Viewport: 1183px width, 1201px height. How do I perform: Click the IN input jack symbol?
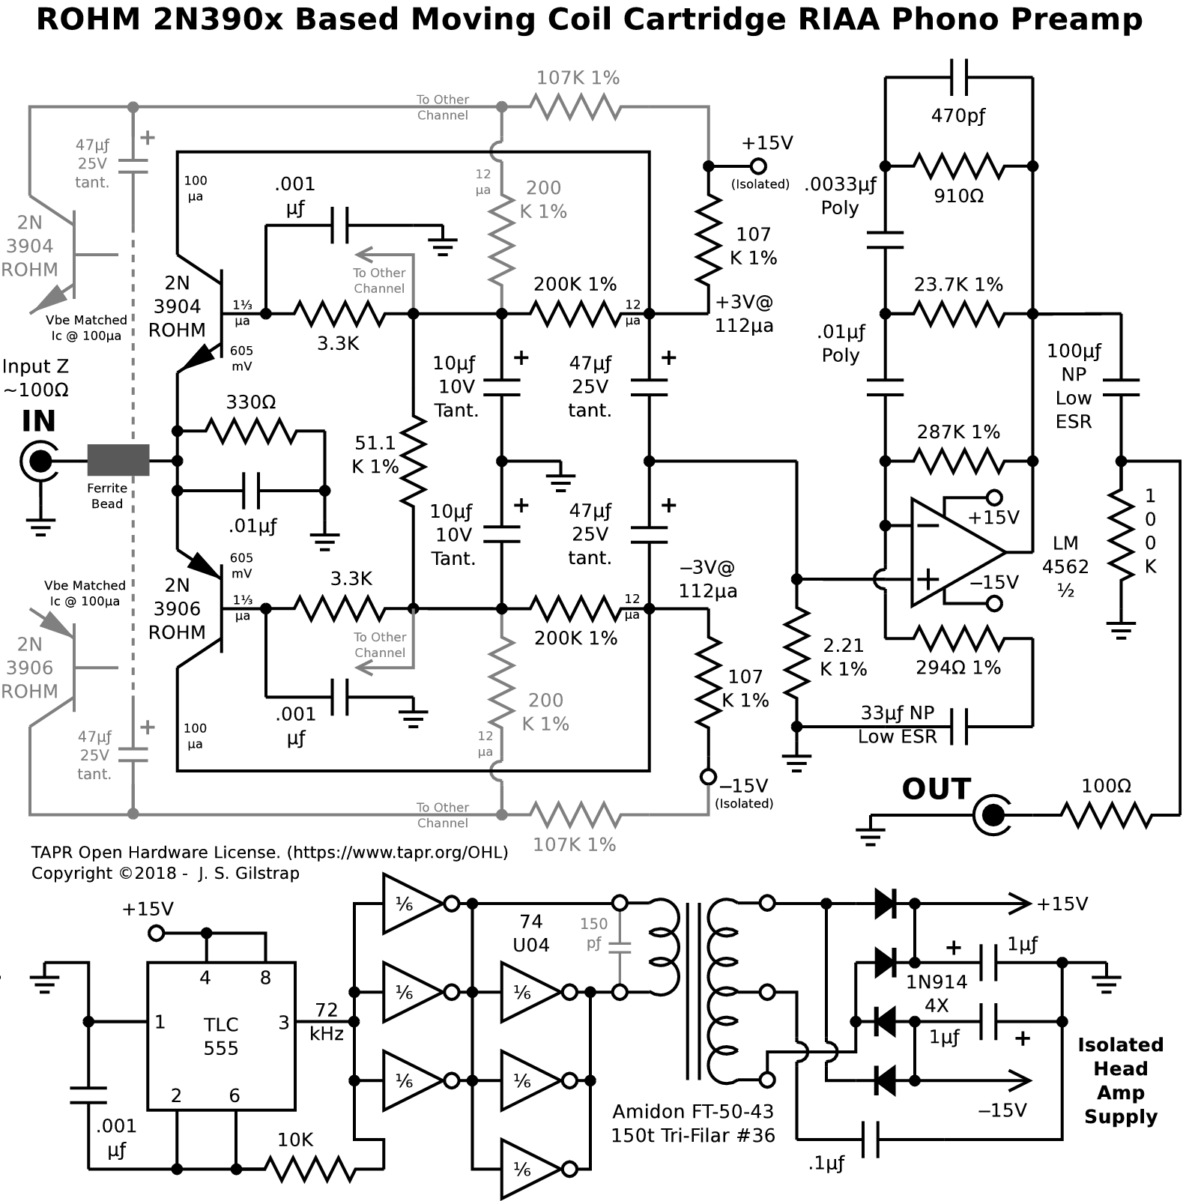(x=39, y=461)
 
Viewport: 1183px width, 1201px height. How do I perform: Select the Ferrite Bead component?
(x=118, y=460)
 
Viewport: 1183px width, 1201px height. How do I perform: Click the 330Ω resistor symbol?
(x=251, y=431)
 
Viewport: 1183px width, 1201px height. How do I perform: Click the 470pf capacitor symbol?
(x=959, y=76)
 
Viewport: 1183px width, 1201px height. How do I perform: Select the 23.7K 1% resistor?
(x=959, y=313)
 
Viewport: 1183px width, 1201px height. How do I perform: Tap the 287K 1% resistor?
(x=959, y=461)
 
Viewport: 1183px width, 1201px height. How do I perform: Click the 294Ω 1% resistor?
(x=959, y=639)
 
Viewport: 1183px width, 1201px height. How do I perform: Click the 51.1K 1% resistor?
(x=413, y=461)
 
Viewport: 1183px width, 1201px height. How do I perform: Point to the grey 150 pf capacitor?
(x=620, y=947)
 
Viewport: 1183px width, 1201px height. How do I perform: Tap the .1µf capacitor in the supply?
(x=870, y=1139)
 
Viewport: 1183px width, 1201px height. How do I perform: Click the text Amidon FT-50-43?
(x=692, y=1111)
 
